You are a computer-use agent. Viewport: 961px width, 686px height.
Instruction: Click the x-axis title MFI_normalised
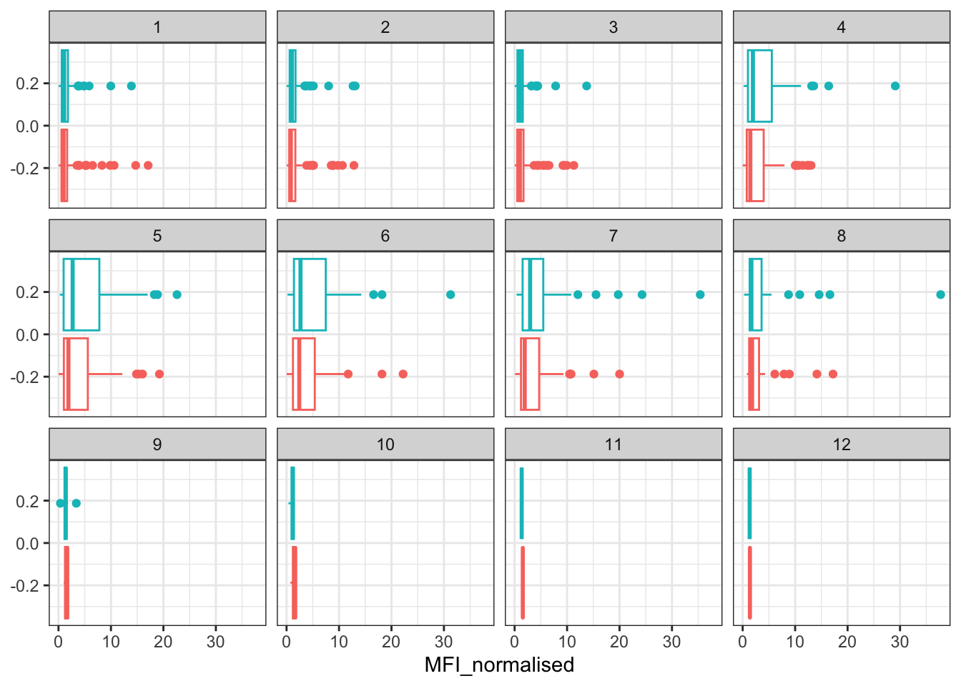tap(499, 665)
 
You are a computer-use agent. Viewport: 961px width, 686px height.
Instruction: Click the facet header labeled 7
tap(613, 236)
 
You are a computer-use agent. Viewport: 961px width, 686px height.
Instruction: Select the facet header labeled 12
tap(841, 444)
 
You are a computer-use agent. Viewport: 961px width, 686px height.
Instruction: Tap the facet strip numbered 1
tap(157, 27)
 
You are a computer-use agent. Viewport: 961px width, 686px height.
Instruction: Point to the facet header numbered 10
tap(385, 444)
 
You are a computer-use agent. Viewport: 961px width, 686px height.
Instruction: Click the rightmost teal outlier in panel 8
tap(940, 294)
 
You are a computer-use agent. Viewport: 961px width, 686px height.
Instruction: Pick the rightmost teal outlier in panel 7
tap(700, 294)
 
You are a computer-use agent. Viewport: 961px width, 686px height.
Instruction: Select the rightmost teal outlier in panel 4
tap(895, 86)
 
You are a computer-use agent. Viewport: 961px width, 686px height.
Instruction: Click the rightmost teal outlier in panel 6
tap(450, 294)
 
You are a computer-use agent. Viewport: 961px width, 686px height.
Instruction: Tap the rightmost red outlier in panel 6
tap(403, 374)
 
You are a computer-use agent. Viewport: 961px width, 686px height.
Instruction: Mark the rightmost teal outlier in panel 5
tap(177, 294)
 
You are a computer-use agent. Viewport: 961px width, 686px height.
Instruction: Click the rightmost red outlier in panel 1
tap(148, 165)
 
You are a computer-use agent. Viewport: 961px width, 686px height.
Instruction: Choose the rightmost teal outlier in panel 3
tap(586, 86)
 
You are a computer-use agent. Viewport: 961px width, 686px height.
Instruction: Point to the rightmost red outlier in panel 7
tap(619, 374)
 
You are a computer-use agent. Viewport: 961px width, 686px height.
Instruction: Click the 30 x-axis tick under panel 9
tap(215, 642)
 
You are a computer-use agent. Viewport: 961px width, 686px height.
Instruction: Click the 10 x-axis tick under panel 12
tap(795, 642)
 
